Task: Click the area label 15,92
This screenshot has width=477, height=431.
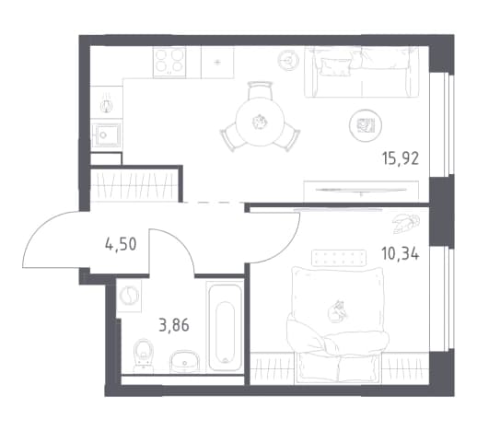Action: pos(401,159)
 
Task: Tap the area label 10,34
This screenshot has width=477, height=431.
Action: pos(400,254)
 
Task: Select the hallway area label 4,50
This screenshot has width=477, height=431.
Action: pos(121,245)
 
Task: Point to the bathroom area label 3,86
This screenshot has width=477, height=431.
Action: pos(174,325)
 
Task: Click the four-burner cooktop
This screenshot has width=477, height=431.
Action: pos(169,62)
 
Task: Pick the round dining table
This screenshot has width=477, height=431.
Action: pos(261,122)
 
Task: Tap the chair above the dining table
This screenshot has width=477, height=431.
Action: pos(261,89)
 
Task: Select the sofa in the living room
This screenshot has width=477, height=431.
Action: pos(362,72)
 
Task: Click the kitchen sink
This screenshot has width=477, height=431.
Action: pos(106,134)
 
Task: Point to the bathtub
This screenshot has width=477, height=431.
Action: pos(225,327)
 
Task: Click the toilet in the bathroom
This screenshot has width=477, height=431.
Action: pos(144,355)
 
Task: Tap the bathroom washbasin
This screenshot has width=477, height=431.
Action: pos(185,362)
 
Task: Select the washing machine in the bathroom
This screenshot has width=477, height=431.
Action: pos(129,296)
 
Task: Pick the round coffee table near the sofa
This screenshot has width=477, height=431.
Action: pos(366,125)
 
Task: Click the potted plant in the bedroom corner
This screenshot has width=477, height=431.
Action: pos(405,223)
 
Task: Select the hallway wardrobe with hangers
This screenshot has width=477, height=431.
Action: pos(134,184)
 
